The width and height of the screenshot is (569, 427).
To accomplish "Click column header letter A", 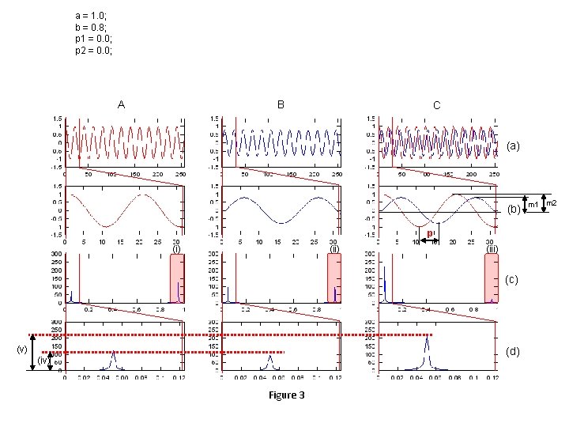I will (x=121, y=104).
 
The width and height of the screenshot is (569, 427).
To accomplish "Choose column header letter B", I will (x=281, y=104).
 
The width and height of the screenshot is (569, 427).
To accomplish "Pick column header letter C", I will (x=437, y=105).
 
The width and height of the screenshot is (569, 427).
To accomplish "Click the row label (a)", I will (x=514, y=146).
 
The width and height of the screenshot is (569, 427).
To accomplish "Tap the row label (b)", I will (x=514, y=210).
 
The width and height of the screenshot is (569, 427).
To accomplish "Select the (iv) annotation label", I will (x=44, y=361).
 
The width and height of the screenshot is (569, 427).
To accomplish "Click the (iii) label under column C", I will (x=492, y=248).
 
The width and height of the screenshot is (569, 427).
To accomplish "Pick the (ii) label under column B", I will (x=334, y=248).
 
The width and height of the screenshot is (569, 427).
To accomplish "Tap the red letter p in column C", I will (x=428, y=233).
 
